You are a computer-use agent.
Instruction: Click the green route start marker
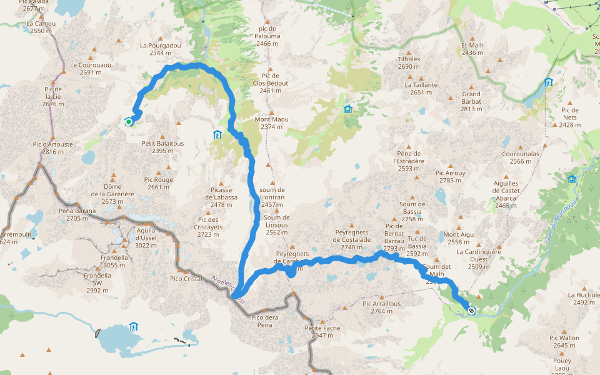click(x=129, y=122)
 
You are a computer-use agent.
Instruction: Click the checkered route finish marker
click(x=471, y=310)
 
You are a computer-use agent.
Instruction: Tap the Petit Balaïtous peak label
click(x=162, y=147)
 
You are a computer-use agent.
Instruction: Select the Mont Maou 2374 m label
click(x=272, y=123)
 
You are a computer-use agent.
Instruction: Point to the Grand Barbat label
click(x=471, y=101)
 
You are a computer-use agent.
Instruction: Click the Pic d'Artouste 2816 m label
click(x=52, y=148)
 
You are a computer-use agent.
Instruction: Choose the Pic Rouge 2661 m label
click(x=159, y=183)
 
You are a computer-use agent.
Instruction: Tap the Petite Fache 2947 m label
click(x=322, y=332)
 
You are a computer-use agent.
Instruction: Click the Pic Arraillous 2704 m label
click(x=382, y=307)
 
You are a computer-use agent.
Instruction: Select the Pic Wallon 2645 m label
click(x=564, y=341)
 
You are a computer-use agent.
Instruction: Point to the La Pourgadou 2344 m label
click(x=161, y=49)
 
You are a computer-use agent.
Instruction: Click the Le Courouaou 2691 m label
click(x=90, y=68)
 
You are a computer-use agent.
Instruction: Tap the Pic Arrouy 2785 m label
click(x=451, y=177)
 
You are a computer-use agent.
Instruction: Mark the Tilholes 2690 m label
click(x=409, y=63)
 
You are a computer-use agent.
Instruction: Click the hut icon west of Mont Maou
click(x=217, y=134)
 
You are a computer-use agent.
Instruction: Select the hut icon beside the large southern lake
click(x=133, y=326)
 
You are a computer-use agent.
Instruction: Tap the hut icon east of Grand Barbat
click(x=548, y=82)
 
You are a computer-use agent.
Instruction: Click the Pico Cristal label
click(x=186, y=278)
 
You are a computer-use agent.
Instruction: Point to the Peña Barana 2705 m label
click(x=77, y=214)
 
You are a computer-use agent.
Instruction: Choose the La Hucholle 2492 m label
click(x=583, y=298)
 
